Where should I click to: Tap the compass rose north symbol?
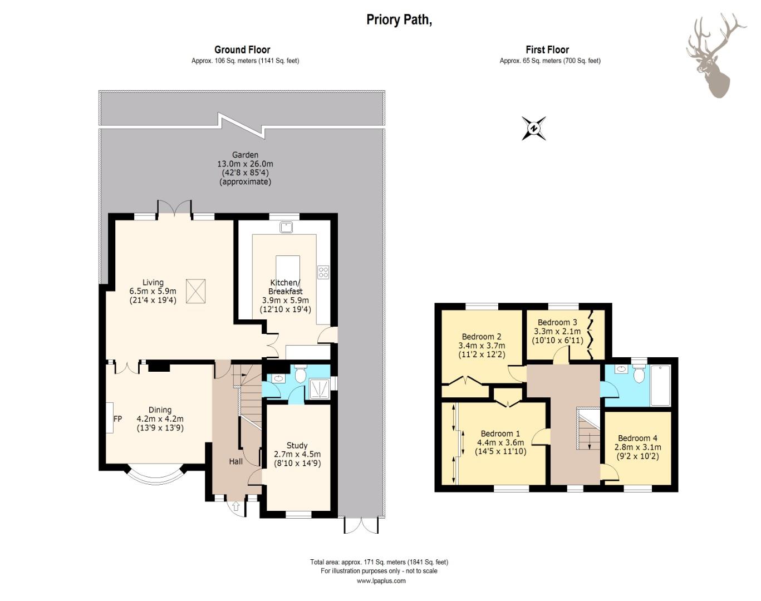pos(534,129)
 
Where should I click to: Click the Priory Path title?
pos(399,20)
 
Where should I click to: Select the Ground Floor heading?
pos(242,50)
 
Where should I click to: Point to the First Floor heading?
pos(547,50)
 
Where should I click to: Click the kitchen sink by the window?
pos(286,227)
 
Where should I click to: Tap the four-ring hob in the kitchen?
pos(323,272)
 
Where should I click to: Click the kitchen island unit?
pos(287,272)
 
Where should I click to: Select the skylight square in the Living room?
pos(195,291)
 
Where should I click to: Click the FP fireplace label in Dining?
pos(118,419)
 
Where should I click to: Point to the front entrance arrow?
pos(236,506)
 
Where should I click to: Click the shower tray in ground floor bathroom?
pos(320,389)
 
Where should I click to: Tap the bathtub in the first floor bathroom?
pos(660,385)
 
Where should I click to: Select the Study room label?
pos(297,445)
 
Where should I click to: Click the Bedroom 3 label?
pos(557,322)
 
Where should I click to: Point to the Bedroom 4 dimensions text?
pos(638,452)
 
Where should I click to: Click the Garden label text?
pos(245,155)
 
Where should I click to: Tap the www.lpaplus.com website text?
pos(381,581)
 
